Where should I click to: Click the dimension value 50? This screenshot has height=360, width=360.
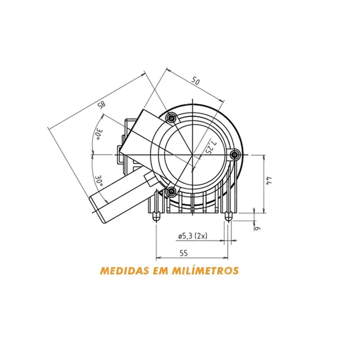click(195, 81)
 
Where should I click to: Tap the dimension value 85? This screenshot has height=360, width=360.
click(102, 105)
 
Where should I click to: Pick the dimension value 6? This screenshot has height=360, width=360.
click(258, 229)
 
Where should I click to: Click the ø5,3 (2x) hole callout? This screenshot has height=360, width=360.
click(192, 236)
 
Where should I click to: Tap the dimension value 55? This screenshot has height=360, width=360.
click(184, 253)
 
